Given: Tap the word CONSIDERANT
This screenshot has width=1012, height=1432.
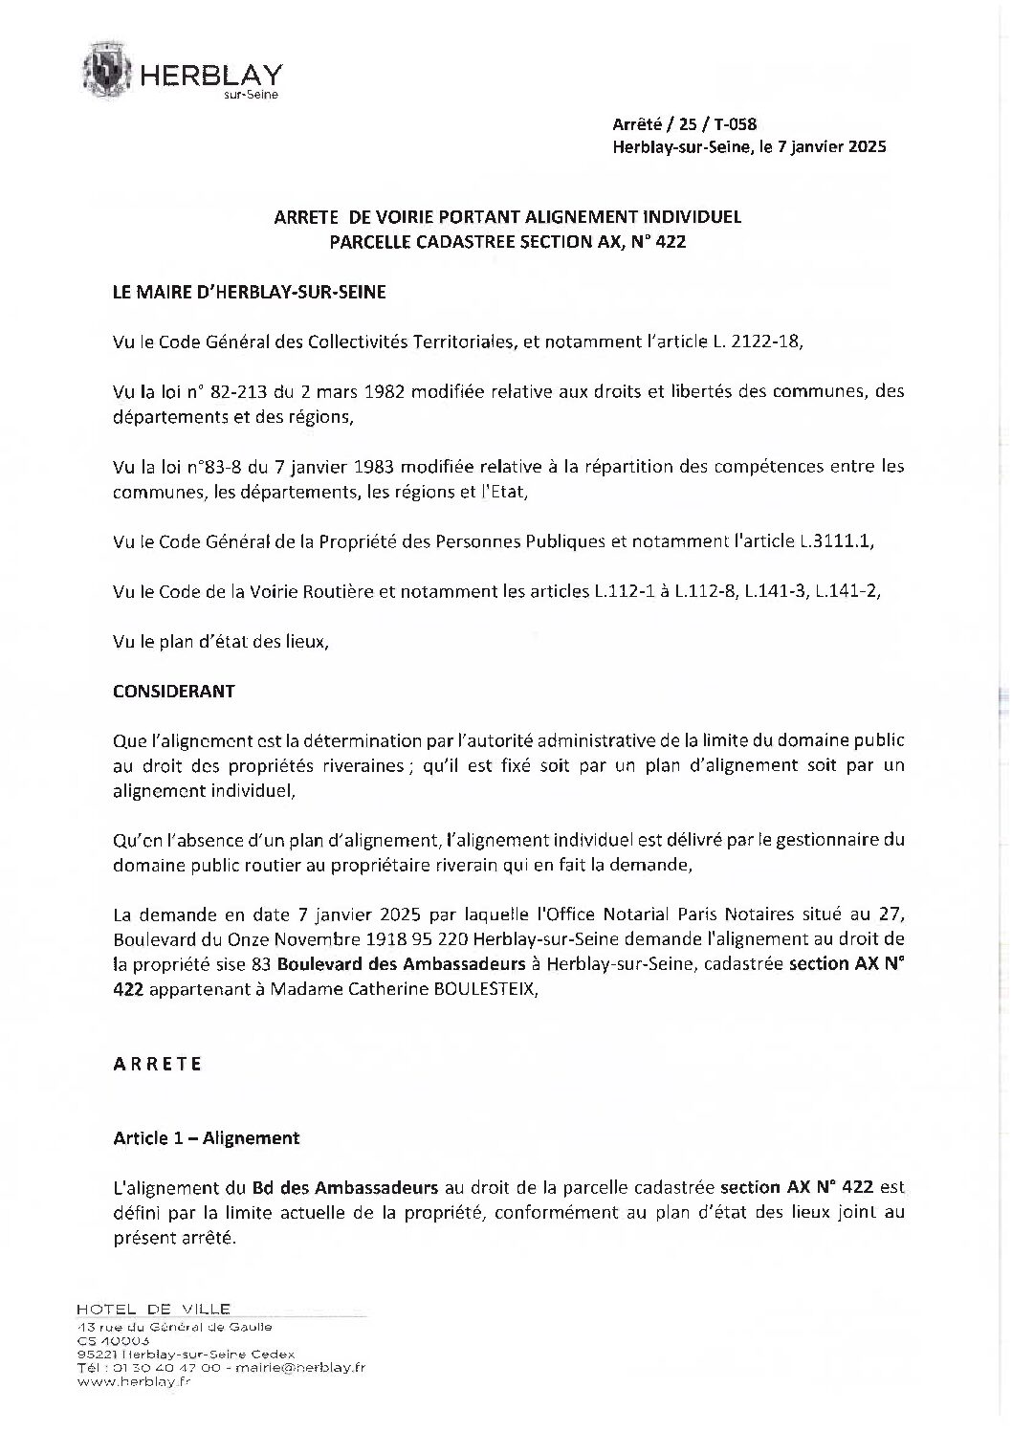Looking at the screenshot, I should coord(173,691).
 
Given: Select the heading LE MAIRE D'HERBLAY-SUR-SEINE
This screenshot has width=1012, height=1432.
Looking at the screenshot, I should coord(250,293).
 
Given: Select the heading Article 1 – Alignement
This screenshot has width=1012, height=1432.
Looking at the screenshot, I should coord(206,1138).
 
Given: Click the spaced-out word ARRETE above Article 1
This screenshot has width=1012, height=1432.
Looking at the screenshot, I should coord(157,1064).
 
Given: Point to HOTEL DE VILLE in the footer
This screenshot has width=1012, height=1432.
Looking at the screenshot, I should coord(152,1309).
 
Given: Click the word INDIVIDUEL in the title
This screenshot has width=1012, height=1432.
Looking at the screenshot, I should coord(688,217).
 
